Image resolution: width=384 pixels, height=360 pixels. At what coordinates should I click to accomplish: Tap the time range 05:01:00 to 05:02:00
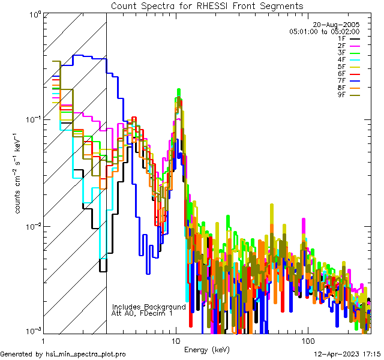click(x=324, y=31)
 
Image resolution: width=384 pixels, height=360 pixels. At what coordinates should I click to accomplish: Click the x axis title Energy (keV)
click(x=206, y=350)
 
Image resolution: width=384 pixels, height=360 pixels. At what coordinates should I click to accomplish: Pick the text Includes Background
click(x=149, y=307)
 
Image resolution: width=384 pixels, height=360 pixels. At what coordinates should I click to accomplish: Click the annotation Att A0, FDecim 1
click(x=142, y=313)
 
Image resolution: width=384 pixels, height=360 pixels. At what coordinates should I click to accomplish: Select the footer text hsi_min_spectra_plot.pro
click(x=86, y=355)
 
